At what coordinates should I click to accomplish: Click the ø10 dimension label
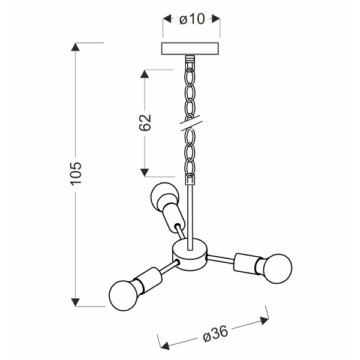(192, 19)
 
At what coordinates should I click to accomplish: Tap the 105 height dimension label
(76, 173)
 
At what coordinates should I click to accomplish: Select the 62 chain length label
(145, 122)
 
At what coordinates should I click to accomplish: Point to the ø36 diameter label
(215, 334)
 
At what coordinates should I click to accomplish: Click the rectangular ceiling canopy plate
(190, 49)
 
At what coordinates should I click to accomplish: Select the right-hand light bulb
(277, 269)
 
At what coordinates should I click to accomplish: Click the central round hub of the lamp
(190, 254)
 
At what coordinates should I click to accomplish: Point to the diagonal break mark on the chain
(190, 123)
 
